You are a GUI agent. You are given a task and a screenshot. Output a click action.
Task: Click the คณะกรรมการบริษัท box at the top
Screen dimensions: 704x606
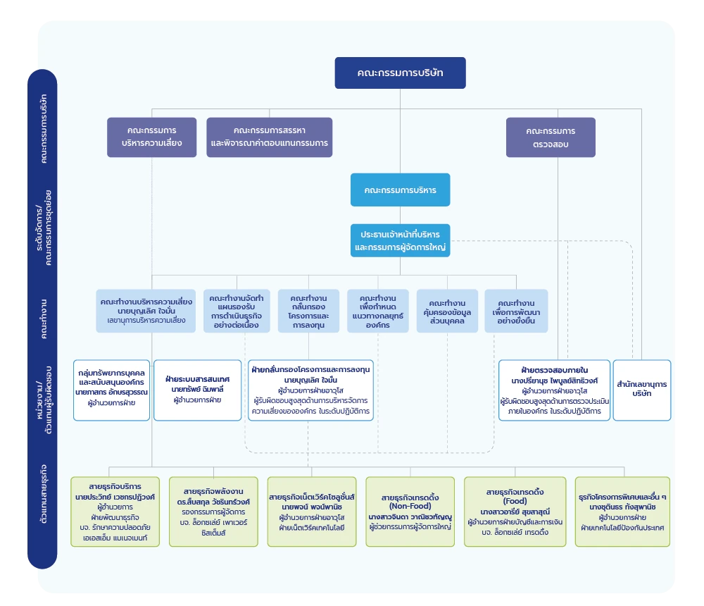400,73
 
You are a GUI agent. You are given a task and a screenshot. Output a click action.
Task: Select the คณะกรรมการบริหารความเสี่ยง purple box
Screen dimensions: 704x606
152,137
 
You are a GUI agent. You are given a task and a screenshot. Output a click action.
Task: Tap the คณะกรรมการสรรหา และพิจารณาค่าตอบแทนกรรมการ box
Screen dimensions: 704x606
270,137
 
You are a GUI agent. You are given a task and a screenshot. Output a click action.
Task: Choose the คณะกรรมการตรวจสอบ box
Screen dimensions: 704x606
551,137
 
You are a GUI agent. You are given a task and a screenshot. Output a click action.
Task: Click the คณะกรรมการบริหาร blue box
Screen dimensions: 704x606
400,190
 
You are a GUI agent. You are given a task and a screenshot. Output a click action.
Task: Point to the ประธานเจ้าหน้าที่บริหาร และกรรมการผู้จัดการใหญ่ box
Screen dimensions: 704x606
400,240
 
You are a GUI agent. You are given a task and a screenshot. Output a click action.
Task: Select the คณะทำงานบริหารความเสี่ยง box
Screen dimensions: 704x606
146,311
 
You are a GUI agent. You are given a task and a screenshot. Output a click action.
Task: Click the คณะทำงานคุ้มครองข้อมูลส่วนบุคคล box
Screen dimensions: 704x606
447,311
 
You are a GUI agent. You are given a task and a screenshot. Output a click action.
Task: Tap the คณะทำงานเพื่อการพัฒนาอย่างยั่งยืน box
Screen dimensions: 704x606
516,311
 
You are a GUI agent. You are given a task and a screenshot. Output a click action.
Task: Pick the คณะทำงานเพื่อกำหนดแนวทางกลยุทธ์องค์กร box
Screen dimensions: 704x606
377,311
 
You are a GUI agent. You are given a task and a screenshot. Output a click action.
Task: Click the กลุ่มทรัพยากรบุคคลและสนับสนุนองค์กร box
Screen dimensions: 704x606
111,390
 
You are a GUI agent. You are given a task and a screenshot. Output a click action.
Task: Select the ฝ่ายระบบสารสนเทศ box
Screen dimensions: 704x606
198,390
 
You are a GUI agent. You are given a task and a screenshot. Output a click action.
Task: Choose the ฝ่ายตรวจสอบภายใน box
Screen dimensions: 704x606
555,390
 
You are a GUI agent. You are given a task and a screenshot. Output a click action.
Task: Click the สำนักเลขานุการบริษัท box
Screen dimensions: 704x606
642,390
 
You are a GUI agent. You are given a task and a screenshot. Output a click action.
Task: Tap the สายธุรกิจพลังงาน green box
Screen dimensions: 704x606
213,512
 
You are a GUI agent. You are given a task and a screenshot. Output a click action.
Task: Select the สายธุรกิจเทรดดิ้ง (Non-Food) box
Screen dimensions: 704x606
410,512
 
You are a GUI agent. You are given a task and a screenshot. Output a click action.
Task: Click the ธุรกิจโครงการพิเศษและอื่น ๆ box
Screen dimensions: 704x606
622,512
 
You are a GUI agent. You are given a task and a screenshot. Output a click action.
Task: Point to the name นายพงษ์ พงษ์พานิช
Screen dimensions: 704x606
312,507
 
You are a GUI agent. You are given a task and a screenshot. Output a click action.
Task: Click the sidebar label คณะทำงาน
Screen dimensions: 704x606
43,319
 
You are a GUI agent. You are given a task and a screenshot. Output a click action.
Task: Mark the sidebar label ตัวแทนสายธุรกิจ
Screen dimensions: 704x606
43,494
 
